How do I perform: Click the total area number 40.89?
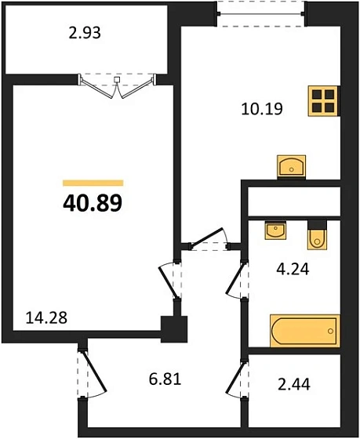[x=92, y=203]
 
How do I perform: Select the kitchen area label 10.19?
[x=261, y=107]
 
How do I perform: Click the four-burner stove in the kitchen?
[x=323, y=100]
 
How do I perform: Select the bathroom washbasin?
[x=275, y=230]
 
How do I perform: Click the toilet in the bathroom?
[x=317, y=234]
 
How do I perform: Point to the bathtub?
[x=304, y=330]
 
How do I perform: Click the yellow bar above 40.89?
[x=92, y=182]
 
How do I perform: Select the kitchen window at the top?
[x=260, y=12]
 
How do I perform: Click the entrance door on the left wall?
[x=91, y=372]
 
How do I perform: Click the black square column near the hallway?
[x=172, y=327]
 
